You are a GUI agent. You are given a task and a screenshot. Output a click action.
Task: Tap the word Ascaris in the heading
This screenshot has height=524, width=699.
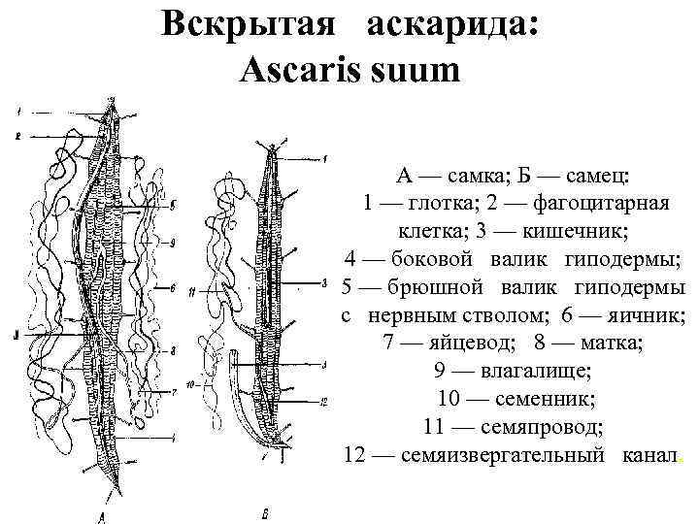tap(295, 70)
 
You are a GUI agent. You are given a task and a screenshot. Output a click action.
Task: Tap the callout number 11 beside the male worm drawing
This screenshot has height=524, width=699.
tap(192, 292)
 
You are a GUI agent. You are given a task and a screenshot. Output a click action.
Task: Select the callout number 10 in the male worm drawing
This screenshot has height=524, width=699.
tap(192, 384)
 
